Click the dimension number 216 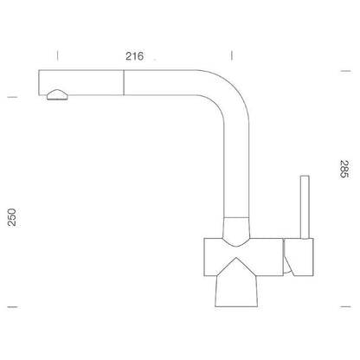[134, 56]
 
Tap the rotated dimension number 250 [12, 217]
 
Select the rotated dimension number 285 [344, 169]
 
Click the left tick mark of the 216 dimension [57, 55]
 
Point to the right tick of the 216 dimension [232, 55]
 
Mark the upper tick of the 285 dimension [346, 71]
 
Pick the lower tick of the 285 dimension [346, 306]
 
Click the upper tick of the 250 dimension [12, 97]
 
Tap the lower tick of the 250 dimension [12, 306]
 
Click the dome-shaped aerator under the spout [58, 95]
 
